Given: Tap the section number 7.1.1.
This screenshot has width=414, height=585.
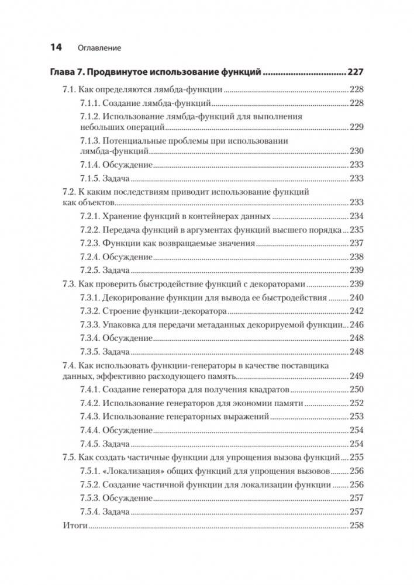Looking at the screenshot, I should (x=89, y=103).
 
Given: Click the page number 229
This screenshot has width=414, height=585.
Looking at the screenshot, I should (x=357, y=127).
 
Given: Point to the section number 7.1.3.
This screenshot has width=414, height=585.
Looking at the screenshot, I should (x=89, y=141).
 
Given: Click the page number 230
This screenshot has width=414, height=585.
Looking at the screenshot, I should (x=357, y=151).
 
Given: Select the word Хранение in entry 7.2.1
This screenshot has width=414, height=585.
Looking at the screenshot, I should (x=122, y=216).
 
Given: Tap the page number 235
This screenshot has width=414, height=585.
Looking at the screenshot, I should (x=357, y=230).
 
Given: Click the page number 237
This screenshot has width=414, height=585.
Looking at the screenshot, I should (x=357, y=243).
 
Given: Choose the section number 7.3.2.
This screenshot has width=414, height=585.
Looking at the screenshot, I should (x=89, y=311).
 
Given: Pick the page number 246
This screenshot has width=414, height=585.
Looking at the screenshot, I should (x=357, y=324).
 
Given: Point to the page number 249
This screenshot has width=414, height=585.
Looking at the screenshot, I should (x=357, y=376).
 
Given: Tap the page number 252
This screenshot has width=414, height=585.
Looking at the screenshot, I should (x=357, y=403).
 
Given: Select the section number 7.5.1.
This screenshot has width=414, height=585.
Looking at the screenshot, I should (x=89, y=471).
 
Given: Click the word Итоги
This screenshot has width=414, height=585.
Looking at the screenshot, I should (x=74, y=526).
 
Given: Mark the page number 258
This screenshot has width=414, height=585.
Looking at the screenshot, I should (x=357, y=526).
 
